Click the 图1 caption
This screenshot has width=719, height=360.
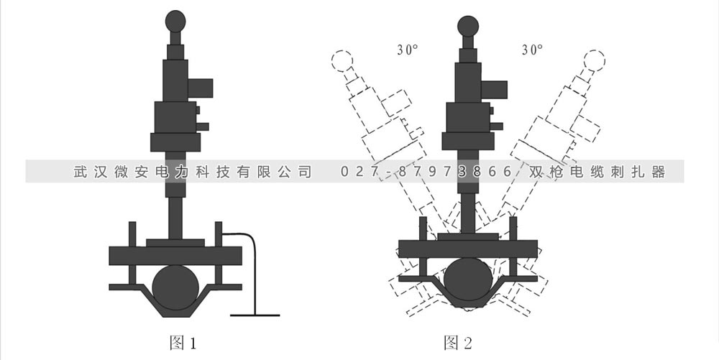tap(182, 343)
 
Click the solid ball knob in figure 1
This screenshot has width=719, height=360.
tap(176, 20)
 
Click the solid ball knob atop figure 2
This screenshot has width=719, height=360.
tap(468, 26)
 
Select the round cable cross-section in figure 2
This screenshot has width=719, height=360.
tap(467, 277)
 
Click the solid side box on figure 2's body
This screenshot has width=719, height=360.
tap(494, 89)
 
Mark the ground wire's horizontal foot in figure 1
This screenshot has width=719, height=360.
tap(255, 315)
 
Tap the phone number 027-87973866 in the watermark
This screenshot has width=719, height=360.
tap(426, 172)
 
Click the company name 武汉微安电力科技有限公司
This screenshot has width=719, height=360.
tap(193, 172)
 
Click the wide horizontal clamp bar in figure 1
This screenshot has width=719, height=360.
tap(175, 255)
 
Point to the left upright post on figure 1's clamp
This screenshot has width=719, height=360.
tap(132, 234)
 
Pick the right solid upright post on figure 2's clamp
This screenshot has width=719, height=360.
tap(513, 228)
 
